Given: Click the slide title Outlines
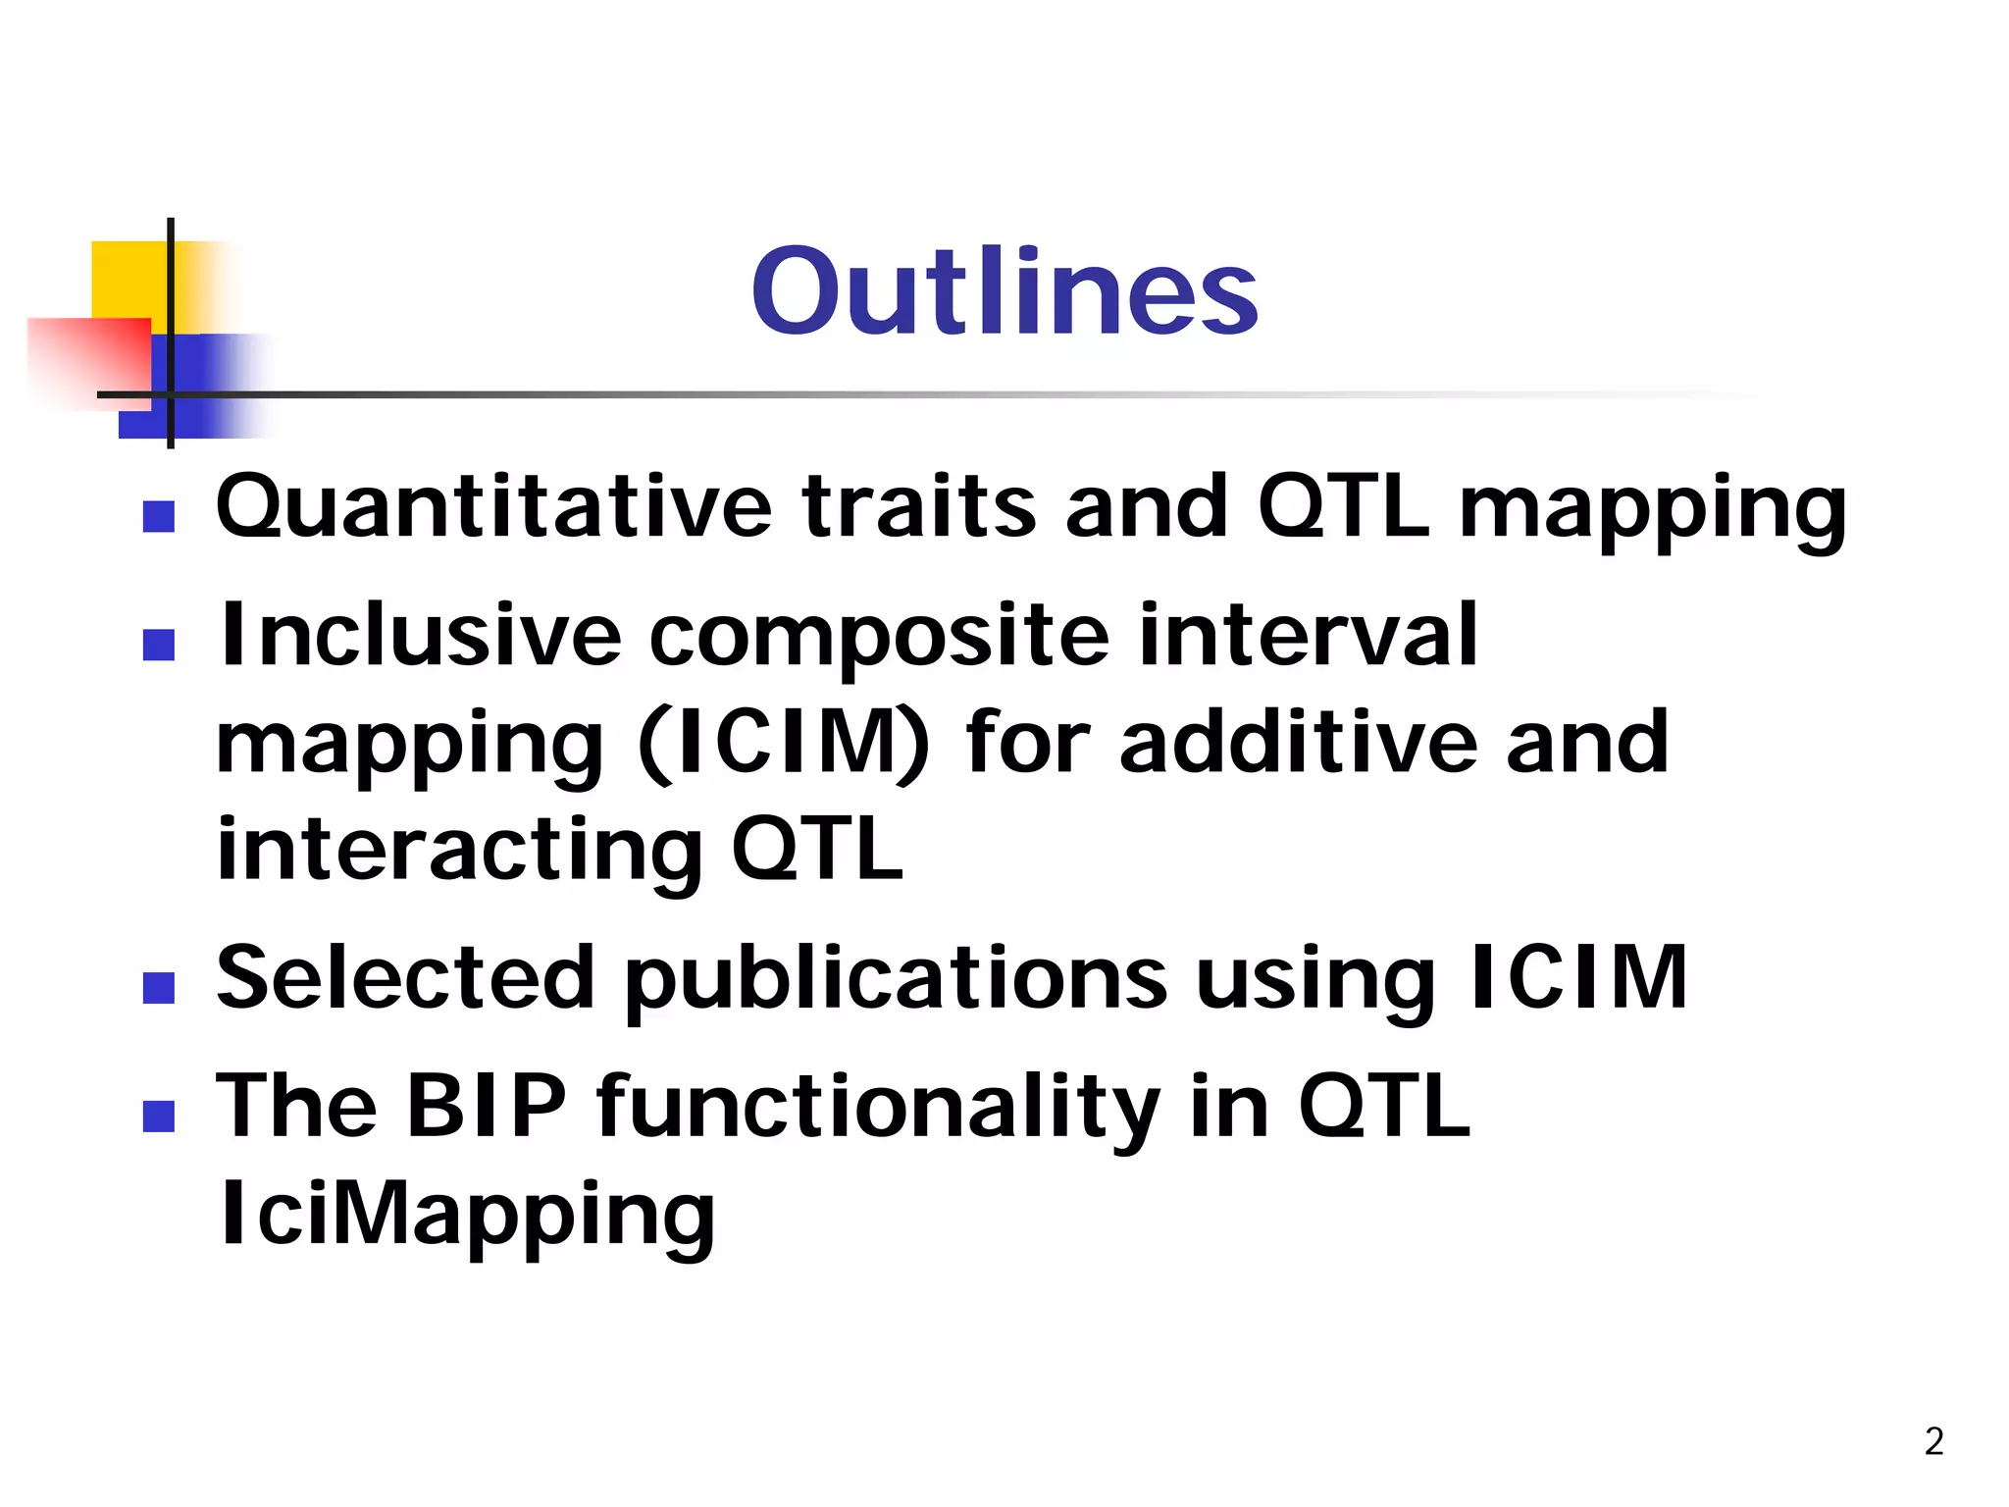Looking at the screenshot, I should [1004, 291].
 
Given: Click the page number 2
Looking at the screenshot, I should [1933, 1441].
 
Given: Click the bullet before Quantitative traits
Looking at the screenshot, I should [158, 517].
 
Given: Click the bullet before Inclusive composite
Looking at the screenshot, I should [158, 646].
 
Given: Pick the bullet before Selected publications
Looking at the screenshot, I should [158, 988].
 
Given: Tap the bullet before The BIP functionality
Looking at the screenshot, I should [158, 1117].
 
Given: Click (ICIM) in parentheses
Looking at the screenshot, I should [783, 743].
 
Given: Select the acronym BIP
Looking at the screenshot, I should [486, 1106].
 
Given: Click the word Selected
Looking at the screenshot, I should [405, 977].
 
